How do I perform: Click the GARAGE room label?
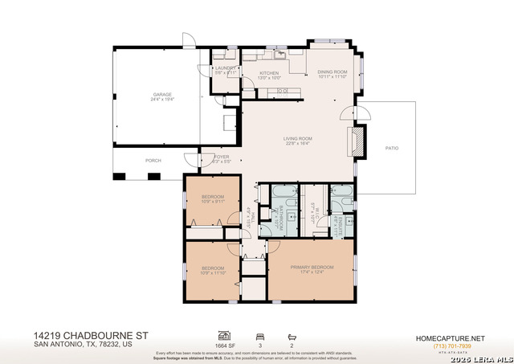pos(162,95)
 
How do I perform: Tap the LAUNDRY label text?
pos(224,69)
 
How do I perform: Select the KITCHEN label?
pos(269,73)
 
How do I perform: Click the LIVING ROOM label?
pos(297,139)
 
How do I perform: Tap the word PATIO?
pos(391,148)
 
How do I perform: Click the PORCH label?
pos(153,160)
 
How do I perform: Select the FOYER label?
pos(221,157)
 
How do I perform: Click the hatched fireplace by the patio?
pos(357,143)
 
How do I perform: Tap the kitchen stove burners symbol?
pos(283,91)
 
